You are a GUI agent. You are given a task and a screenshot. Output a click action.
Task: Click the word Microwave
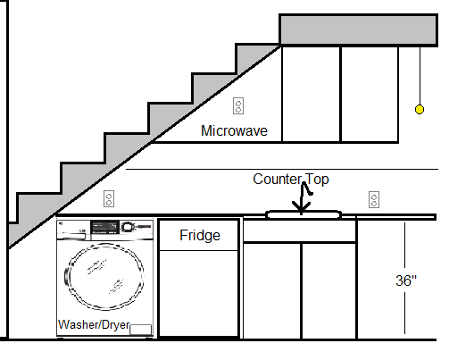pos(234,130)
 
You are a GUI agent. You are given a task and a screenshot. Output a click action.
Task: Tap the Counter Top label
pos(290,180)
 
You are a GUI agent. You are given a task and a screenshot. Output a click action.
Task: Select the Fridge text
pos(199,236)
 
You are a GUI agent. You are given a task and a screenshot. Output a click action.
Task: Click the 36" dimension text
pos(406,280)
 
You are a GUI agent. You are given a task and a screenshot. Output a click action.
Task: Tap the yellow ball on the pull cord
pos(418,110)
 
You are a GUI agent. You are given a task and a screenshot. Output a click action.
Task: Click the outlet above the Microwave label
pos(238,106)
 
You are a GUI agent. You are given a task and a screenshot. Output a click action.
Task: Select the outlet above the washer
pos(109,198)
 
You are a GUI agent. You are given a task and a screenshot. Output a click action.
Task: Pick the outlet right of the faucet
pos(373,198)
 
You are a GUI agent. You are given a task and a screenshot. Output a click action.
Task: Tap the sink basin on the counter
pos(303,214)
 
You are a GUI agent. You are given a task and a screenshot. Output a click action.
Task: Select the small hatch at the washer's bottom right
pos(140,331)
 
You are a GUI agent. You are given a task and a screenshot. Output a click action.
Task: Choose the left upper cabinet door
pos(311,93)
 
